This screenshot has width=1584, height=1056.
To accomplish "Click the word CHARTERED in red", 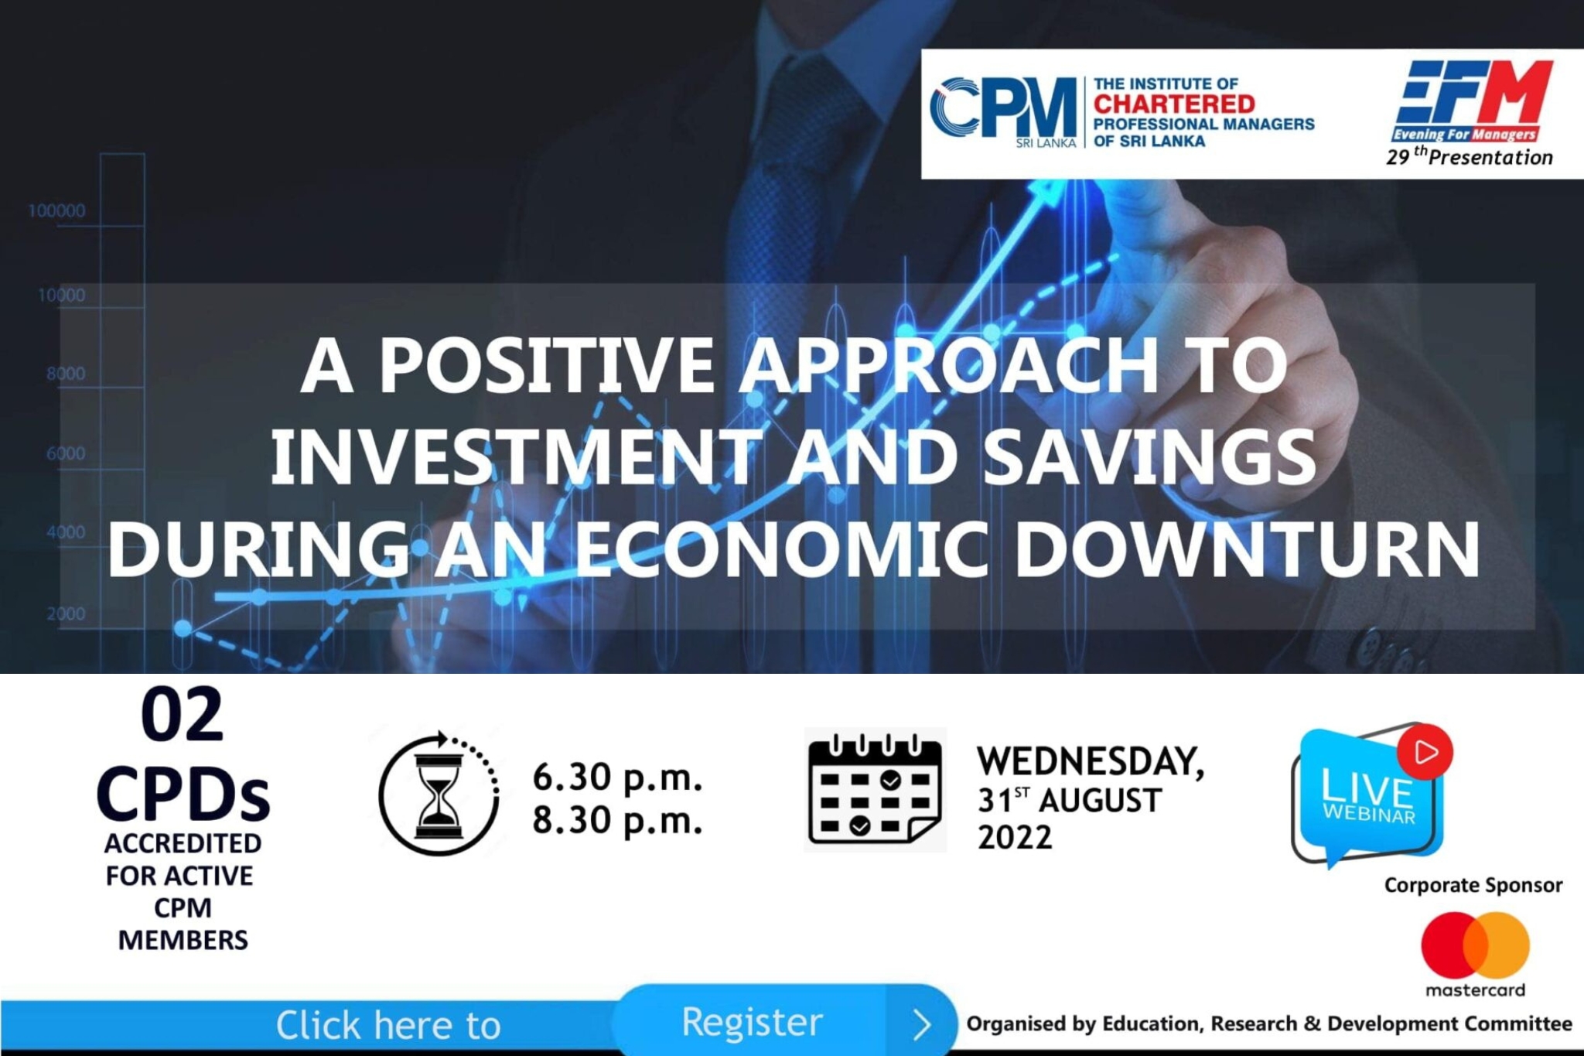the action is [1174, 104].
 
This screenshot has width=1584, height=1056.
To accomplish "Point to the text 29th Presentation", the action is [1469, 156].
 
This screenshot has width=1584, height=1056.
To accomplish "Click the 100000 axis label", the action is [56, 210].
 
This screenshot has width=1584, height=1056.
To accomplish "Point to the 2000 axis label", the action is [66, 613].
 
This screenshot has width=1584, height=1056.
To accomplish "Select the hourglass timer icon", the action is [439, 793].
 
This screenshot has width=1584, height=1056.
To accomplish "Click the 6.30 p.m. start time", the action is [617, 777].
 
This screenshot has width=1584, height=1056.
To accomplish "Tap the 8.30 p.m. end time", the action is [617, 820].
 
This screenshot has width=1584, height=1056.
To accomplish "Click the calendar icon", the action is [875, 789].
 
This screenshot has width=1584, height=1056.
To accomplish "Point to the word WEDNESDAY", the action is [1090, 761].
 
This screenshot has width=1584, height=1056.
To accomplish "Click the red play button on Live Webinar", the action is [1425, 751].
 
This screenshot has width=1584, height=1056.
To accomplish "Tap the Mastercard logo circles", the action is [1475, 945].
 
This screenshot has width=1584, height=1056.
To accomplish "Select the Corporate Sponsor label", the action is [1473, 885].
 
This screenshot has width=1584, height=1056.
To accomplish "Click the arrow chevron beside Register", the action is [921, 1025].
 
